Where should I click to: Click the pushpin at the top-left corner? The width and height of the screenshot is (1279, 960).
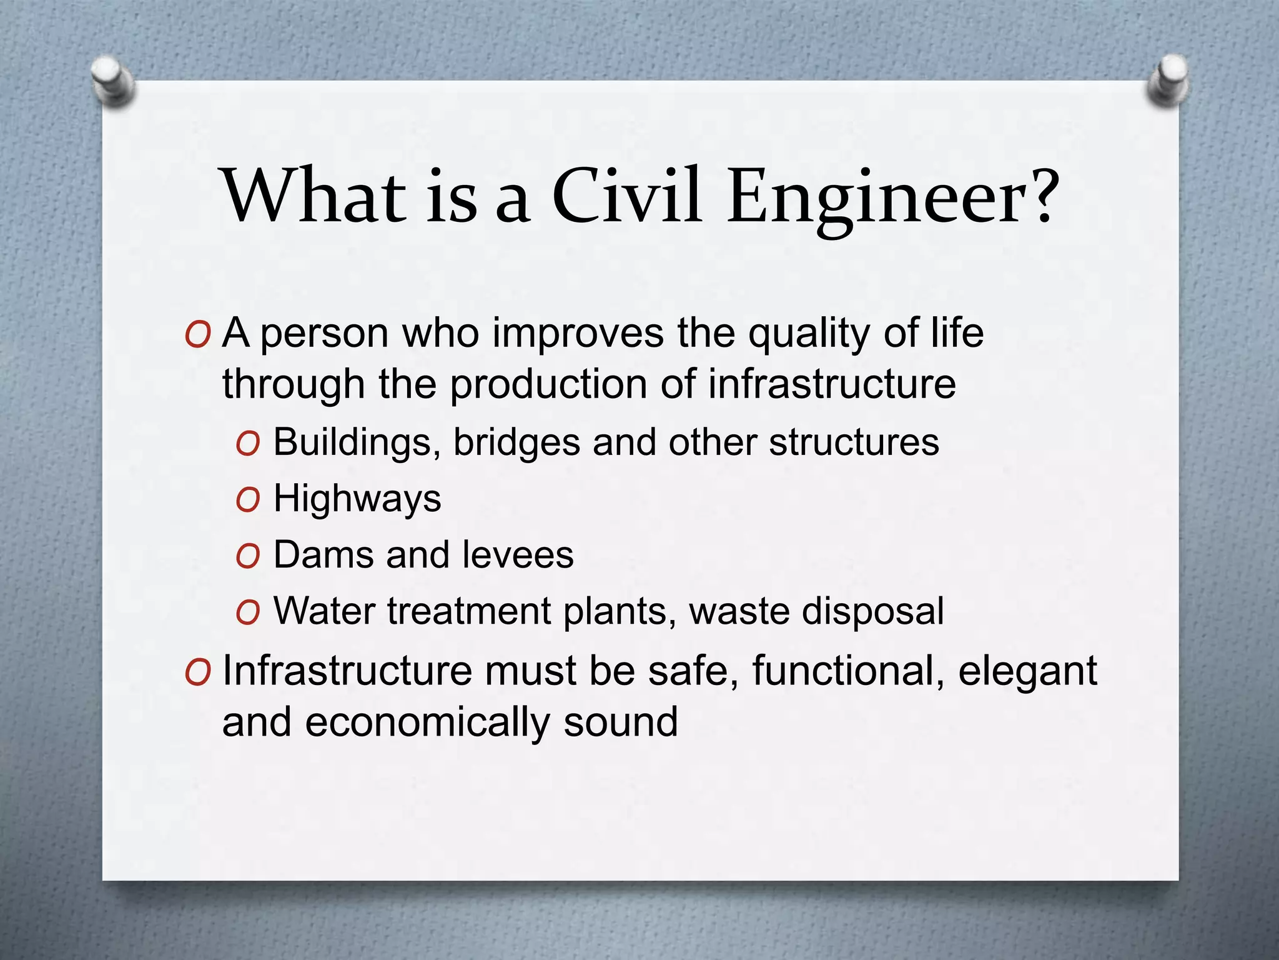[113, 81]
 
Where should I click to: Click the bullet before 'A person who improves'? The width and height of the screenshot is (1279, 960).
[197, 336]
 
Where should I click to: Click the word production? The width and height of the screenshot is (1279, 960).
[549, 384]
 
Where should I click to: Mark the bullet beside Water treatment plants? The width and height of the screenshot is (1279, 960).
[248, 613]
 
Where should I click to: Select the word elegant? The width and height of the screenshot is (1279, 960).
[1027, 671]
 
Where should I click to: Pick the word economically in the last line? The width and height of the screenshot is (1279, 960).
[427, 722]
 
